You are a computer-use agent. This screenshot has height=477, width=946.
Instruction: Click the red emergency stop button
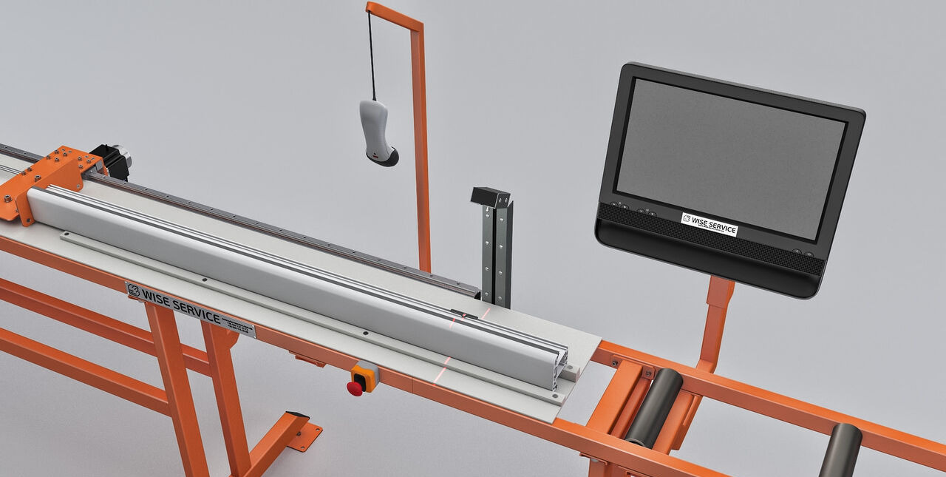pos(355,388)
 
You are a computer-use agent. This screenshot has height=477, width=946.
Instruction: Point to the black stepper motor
pos(112,162)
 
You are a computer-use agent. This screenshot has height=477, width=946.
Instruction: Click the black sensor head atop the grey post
pos(491,197)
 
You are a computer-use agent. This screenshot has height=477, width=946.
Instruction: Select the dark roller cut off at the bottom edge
pos(841,450)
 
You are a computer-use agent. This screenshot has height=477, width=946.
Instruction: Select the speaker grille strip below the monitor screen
pos(709,239)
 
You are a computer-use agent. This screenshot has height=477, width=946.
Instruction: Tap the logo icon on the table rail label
pos(133,290)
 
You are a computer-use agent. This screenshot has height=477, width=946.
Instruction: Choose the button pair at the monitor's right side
pos(803,254)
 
